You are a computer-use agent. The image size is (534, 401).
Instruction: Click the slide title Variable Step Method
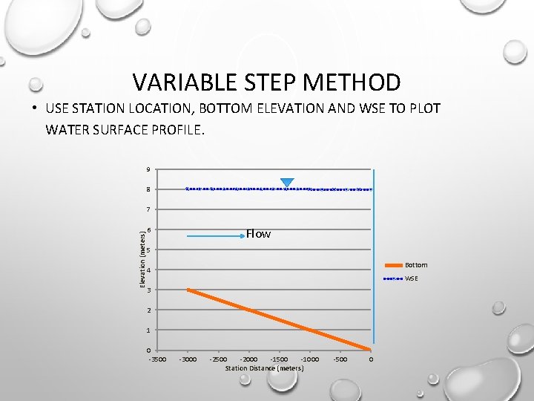pos(266,82)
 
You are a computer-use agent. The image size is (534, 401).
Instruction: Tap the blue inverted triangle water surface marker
pos(287,183)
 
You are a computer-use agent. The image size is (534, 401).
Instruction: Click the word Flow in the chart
pos(258,234)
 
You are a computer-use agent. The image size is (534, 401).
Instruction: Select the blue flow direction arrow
pos(215,235)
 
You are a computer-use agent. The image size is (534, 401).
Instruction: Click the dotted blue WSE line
pos(237,189)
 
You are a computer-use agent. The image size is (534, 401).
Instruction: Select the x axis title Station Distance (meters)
pos(264,368)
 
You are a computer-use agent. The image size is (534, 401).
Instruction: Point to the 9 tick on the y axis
pos(148,169)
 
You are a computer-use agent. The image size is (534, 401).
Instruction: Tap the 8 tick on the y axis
pos(148,189)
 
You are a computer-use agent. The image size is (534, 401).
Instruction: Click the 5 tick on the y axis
pos(148,250)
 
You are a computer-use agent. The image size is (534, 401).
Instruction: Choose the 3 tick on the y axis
pos(148,290)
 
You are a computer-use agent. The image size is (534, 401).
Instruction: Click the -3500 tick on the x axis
pos(157,359)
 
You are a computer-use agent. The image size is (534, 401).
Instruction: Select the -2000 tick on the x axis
pos(249,359)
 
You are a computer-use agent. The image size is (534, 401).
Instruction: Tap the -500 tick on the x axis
pos(340,359)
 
